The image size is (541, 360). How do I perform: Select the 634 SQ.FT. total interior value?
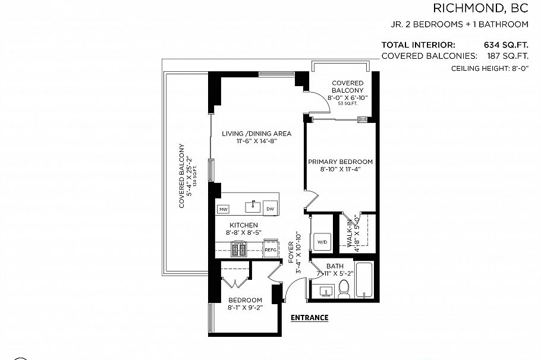(x=507, y=45)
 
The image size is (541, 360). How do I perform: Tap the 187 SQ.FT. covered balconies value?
(x=507, y=56)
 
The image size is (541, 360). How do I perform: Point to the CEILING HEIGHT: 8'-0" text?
(x=490, y=69)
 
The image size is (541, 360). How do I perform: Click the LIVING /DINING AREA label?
(x=256, y=134)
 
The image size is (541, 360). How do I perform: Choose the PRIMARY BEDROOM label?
(x=340, y=162)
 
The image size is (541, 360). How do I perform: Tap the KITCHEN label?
(x=244, y=225)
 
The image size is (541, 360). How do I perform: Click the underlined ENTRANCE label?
(x=309, y=317)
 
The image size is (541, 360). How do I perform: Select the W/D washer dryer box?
(x=322, y=242)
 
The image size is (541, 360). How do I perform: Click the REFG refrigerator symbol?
(x=270, y=250)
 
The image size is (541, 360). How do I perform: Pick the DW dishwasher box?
(x=270, y=209)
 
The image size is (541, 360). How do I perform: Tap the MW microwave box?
(x=224, y=209)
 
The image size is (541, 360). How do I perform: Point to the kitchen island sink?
(x=253, y=207)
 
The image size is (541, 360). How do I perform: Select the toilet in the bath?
(x=344, y=290)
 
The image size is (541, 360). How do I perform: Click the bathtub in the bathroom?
(x=363, y=281)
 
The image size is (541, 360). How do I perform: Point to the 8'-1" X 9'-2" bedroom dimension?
(x=244, y=308)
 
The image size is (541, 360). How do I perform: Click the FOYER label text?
(x=291, y=253)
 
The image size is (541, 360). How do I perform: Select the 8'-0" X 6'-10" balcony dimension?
(x=348, y=97)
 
